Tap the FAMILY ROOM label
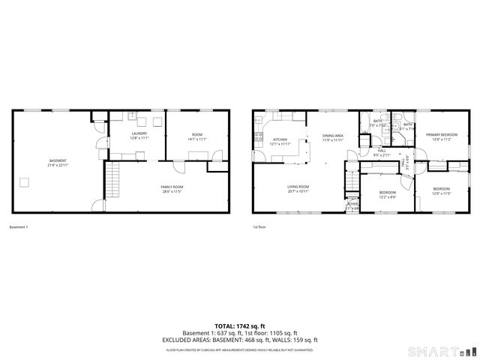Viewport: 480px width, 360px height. click(x=172, y=187)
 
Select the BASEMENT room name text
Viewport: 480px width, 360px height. click(x=58, y=160)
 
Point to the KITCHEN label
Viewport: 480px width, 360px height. click(x=280, y=139)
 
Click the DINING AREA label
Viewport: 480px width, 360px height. click(x=333, y=136)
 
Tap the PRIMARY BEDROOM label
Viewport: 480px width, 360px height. click(x=442, y=134)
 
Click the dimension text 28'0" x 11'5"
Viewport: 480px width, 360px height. click(x=172, y=192)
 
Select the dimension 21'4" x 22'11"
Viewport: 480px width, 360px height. click(x=58, y=165)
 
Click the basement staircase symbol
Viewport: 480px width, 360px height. click(x=112, y=181)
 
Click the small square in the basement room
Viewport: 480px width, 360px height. click(x=25, y=181)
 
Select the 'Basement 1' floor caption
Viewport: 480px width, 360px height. click(x=19, y=227)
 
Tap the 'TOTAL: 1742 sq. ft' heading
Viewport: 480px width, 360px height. click(x=239, y=325)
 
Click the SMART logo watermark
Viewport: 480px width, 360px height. click(x=436, y=350)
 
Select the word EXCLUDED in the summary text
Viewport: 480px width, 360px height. click(x=180, y=340)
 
